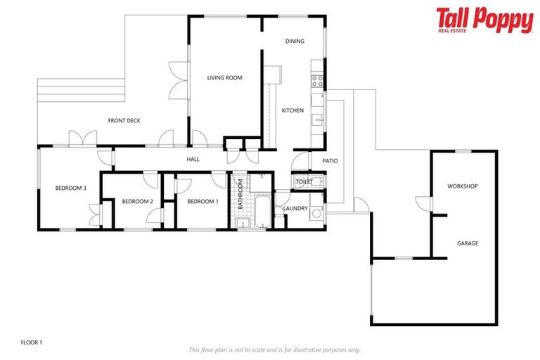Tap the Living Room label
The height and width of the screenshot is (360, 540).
(224, 78)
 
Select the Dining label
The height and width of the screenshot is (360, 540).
(295, 41)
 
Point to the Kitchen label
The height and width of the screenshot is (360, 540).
(292, 111)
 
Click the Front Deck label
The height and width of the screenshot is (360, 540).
(124, 121)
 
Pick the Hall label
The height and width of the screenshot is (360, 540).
(193, 160)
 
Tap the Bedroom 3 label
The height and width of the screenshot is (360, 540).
(71, 188)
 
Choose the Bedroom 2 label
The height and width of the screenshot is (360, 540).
(137, 202)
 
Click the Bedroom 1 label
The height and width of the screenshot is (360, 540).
(202, 202)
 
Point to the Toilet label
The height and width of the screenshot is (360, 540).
(304, 182)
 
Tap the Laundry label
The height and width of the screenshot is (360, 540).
(295, 209)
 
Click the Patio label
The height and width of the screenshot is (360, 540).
(330, 161)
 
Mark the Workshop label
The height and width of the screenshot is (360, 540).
(463, 186)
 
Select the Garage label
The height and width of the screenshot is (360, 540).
(468, 243)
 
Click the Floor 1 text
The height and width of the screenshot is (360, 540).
(31, 342)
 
